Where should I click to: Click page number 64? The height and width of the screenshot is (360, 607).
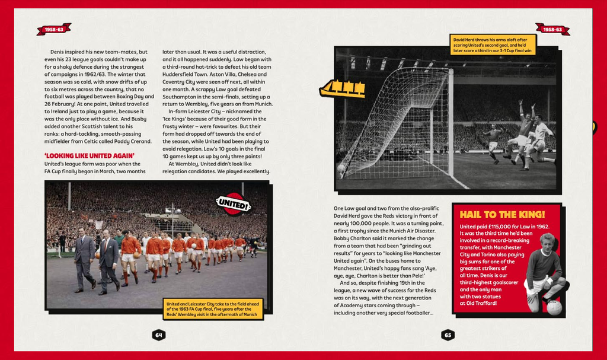point(158,335)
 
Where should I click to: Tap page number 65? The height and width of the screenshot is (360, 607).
point(448,335)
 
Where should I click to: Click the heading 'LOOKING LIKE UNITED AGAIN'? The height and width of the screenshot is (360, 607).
point(90,156)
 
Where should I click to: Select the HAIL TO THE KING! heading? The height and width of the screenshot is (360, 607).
point(502,215)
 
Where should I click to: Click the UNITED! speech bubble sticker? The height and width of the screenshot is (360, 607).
point(233,205)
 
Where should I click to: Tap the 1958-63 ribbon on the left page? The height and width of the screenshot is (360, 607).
point(54,29)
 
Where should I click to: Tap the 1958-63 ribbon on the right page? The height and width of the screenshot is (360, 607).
point(552,29)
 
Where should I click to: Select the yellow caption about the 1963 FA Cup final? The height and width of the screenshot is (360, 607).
point(213,308)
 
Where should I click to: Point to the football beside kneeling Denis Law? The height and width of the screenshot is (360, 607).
point(554,308)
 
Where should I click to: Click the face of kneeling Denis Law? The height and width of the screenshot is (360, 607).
point(547,243)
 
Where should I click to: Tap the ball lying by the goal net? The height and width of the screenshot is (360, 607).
point(341,168)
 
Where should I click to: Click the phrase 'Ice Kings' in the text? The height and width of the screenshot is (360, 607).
point(176,119)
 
